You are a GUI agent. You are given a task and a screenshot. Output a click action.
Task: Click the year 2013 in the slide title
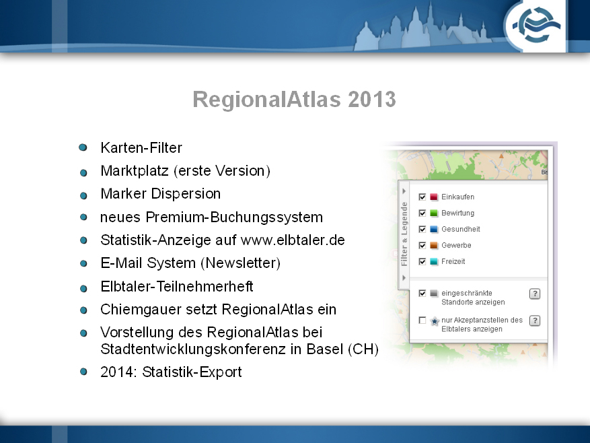[x=372, y=100]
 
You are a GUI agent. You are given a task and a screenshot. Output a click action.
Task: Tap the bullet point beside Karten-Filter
[x=83, y=147]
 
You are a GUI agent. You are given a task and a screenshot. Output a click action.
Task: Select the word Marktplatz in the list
[x=135, y=170]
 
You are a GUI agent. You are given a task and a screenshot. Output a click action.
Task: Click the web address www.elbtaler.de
[x=293, y=240]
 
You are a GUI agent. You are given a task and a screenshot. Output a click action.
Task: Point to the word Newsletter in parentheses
[x=242, y=263]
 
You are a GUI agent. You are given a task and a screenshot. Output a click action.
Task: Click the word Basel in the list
[x=325, y=349]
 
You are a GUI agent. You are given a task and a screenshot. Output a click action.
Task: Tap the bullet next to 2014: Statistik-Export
[x=83, y=372]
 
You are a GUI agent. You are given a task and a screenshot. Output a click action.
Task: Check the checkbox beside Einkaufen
[x=422, y=197]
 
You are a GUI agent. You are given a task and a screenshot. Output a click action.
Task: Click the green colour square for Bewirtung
[x=434, y=213]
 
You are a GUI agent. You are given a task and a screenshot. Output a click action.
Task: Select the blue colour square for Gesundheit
[x=434, y=230]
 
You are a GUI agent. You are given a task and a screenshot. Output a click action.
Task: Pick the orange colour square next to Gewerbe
[x=434, y=246]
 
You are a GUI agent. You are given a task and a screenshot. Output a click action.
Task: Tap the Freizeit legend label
[x=453, y=261]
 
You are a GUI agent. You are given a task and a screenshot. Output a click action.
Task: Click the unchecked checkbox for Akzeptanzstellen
[x=422, y=320]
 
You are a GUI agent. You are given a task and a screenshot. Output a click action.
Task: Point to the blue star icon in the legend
[x=435, y=321]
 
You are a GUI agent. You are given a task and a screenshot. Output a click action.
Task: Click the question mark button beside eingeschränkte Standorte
[x=535, y=294]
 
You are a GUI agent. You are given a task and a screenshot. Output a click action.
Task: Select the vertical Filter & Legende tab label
[x=404, y=234]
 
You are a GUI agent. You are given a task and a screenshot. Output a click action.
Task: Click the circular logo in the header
[x=536, y=26]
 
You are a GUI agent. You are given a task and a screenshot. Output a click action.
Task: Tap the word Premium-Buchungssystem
[x=234, y=217]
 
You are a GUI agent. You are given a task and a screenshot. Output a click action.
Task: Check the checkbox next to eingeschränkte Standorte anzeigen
[x=422, y=293]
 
